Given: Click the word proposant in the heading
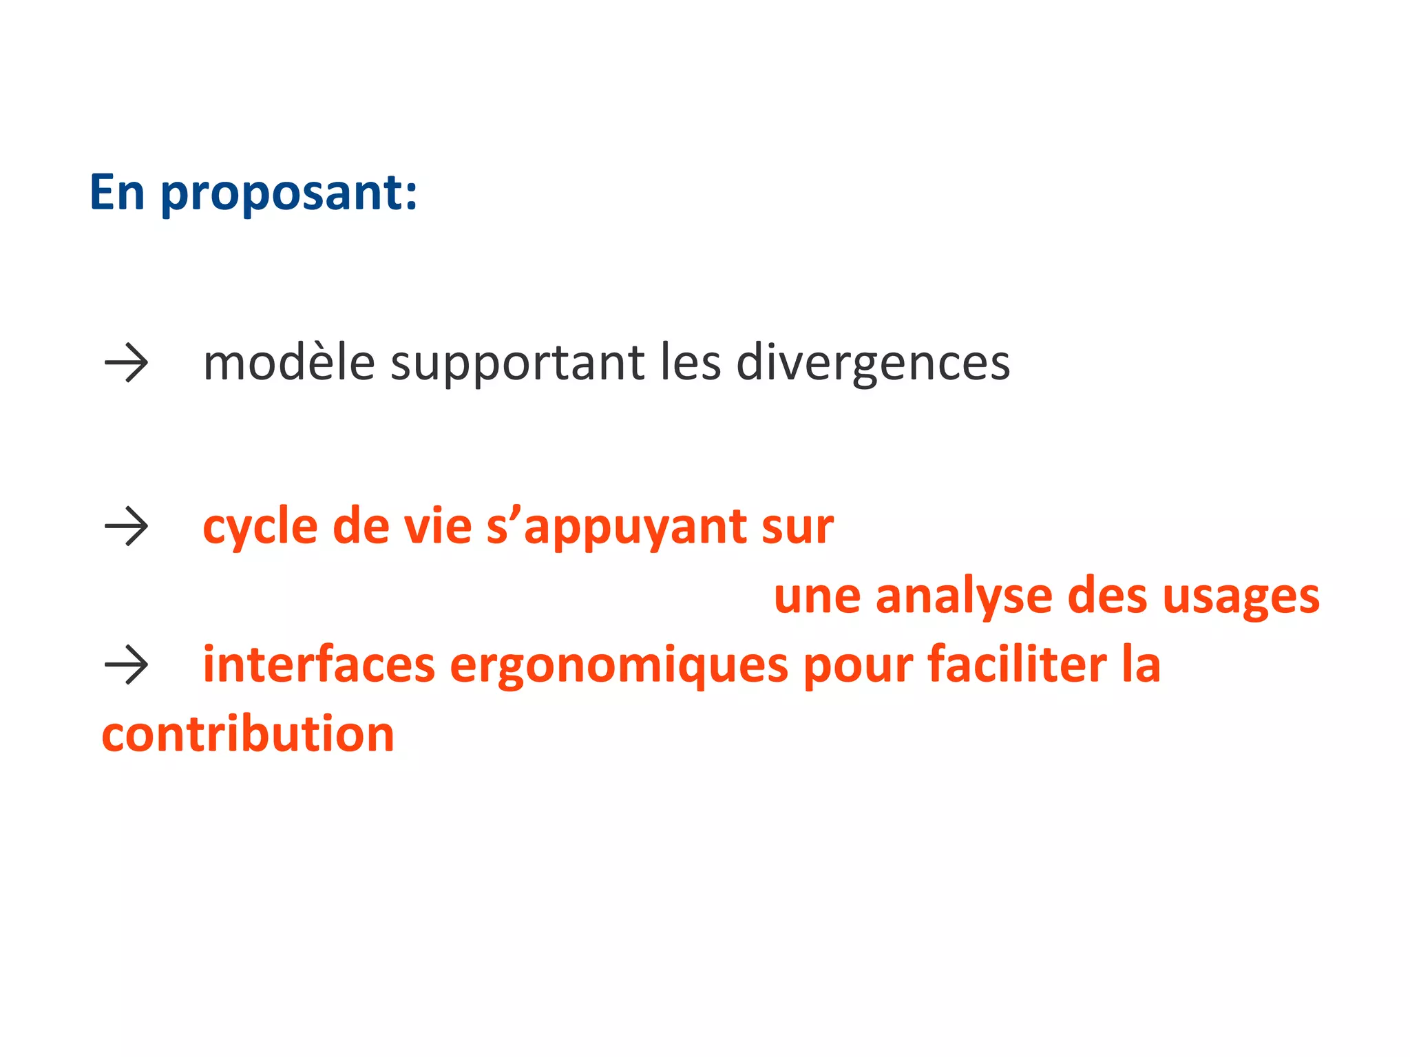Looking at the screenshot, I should (289, 193).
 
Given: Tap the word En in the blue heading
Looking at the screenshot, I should (117, 192).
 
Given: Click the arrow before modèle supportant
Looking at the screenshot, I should (126, 363).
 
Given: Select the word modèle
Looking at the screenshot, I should (289, 363).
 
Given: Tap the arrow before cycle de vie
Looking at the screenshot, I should (126, 527).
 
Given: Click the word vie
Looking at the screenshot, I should (438, 527).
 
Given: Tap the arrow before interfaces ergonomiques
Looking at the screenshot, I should (126, 665).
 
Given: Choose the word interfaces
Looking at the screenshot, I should (319, 665).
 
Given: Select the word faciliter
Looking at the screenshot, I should (1017, 665).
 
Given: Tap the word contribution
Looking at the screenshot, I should (248, 734).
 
